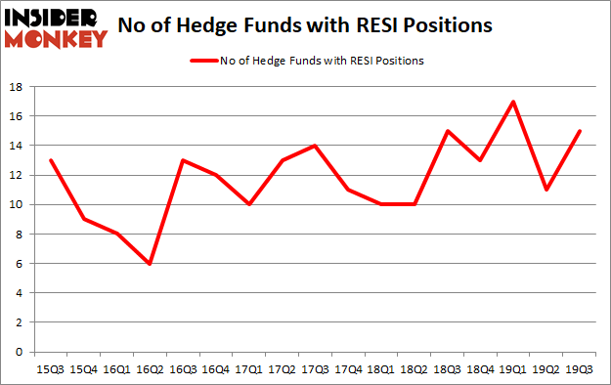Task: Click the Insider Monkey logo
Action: tap(55, 27)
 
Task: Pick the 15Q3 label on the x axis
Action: tap(51, 370)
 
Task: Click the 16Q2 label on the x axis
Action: tap(150, 370)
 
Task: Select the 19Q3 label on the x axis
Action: tap(579, 370)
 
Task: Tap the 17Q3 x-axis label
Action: tap(315, 370)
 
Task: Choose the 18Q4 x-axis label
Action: tap(480, 370)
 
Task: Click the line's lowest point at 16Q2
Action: tap(150, 263)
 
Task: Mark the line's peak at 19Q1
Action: tap(512, 102)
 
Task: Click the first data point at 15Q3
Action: tap(51, 160)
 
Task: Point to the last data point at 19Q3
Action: tap(579, 131)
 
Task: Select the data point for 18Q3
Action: tap(447, 131)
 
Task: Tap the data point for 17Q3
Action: tap(315, 146)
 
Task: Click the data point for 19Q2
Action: tap(546, 190)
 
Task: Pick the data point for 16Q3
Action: tap(183, 160)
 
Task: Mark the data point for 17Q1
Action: tap(248, 204)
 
